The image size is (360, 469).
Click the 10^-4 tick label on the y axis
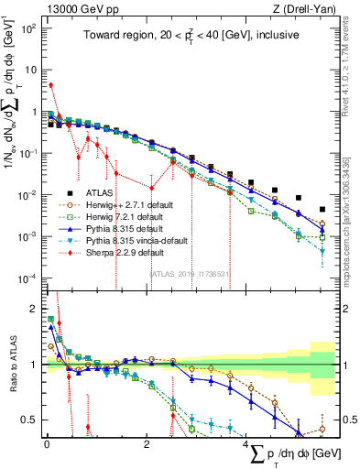(27, 278)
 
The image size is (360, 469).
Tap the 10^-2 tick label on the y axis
(27, 195)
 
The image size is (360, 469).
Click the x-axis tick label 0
(47, 443)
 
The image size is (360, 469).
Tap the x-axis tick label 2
(147, 443)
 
